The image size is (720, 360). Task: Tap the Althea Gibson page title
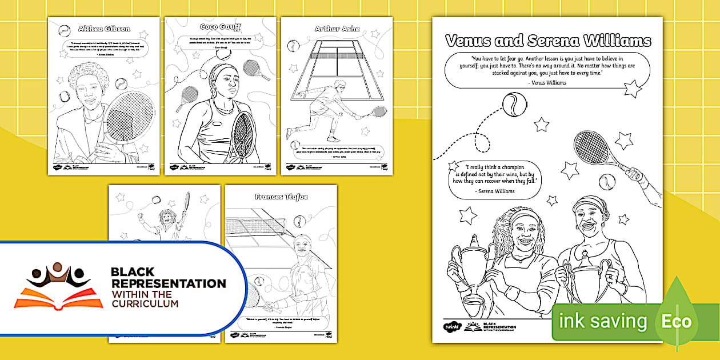pyautogui.click(x=103, y=29)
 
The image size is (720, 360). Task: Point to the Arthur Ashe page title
pyautogui.click(x=337, y=29)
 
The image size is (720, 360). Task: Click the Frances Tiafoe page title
pyautogui.click(x=282, y=197)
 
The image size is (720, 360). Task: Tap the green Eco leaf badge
pyautogui.click(x=677, y=321)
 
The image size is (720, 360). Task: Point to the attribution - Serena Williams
pyautogui.click(x=494, y=191)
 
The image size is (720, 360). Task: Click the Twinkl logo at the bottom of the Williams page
pyautogui.click(x=451, y=327)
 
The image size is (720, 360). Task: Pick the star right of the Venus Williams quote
pyautogui.click(x=632, y=89)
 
